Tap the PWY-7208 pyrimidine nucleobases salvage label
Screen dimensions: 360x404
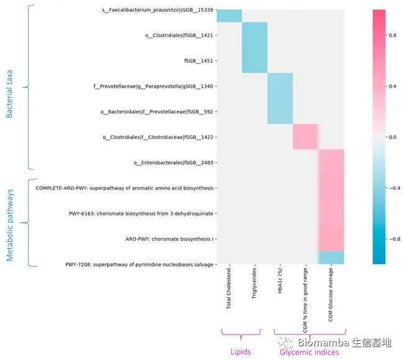pyautogui.click(x=141, y=264)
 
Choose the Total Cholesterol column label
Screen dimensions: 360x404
pyautogui.click(x=229, y=288)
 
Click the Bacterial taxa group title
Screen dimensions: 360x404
pyautogui.click(x=9, y=87)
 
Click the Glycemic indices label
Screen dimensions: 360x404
pyautogui.click(x=310, y=352)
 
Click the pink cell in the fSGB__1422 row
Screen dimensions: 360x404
pyautogui.click(x=305, y=137)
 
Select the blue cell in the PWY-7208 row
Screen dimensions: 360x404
pyautogui.click(x=331, y=257)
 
